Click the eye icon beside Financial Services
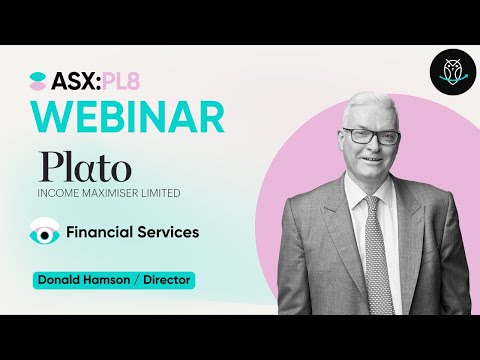pos(44,232)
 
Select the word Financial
pos(101,232)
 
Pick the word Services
pos(169,232)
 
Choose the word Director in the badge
pos(167,280)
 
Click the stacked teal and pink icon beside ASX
pos(39,80)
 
